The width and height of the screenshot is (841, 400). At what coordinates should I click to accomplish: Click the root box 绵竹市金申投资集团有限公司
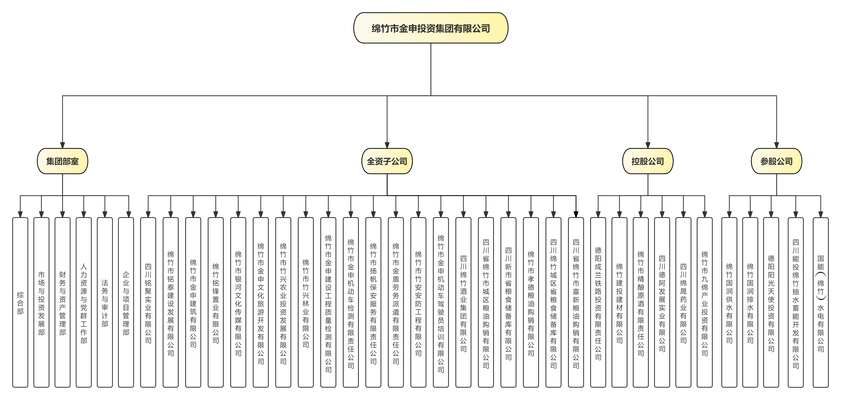431,28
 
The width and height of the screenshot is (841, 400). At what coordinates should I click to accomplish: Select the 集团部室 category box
62,161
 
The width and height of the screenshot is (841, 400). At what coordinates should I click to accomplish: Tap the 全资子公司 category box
387,161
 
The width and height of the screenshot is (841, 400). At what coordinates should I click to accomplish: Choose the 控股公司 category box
648,161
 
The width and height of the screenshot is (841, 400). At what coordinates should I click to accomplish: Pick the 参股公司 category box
776,161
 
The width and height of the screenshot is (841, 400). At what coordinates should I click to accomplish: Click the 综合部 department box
20,302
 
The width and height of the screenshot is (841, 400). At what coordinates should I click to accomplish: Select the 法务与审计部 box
105,302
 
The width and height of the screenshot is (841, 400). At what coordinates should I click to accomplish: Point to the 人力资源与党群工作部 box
84,302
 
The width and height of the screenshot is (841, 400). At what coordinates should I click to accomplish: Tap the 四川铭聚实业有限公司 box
148,302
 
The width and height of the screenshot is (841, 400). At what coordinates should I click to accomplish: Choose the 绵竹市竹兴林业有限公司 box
306,302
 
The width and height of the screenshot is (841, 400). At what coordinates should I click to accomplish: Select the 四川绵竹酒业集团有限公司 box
463,302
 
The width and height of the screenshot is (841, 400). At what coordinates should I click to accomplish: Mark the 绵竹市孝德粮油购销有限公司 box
531,302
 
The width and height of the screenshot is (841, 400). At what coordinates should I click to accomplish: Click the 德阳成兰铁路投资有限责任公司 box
598,302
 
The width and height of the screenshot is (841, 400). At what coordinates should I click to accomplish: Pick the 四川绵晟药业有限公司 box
683,302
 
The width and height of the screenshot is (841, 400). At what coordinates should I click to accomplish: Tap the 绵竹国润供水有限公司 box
729,302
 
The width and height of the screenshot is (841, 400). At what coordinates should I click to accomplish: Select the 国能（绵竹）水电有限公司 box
820,302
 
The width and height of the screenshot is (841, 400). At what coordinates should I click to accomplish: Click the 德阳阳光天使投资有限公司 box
771,302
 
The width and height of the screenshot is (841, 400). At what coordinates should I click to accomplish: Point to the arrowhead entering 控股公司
648,145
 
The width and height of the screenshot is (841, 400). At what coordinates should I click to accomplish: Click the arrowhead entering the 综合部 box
20,215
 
